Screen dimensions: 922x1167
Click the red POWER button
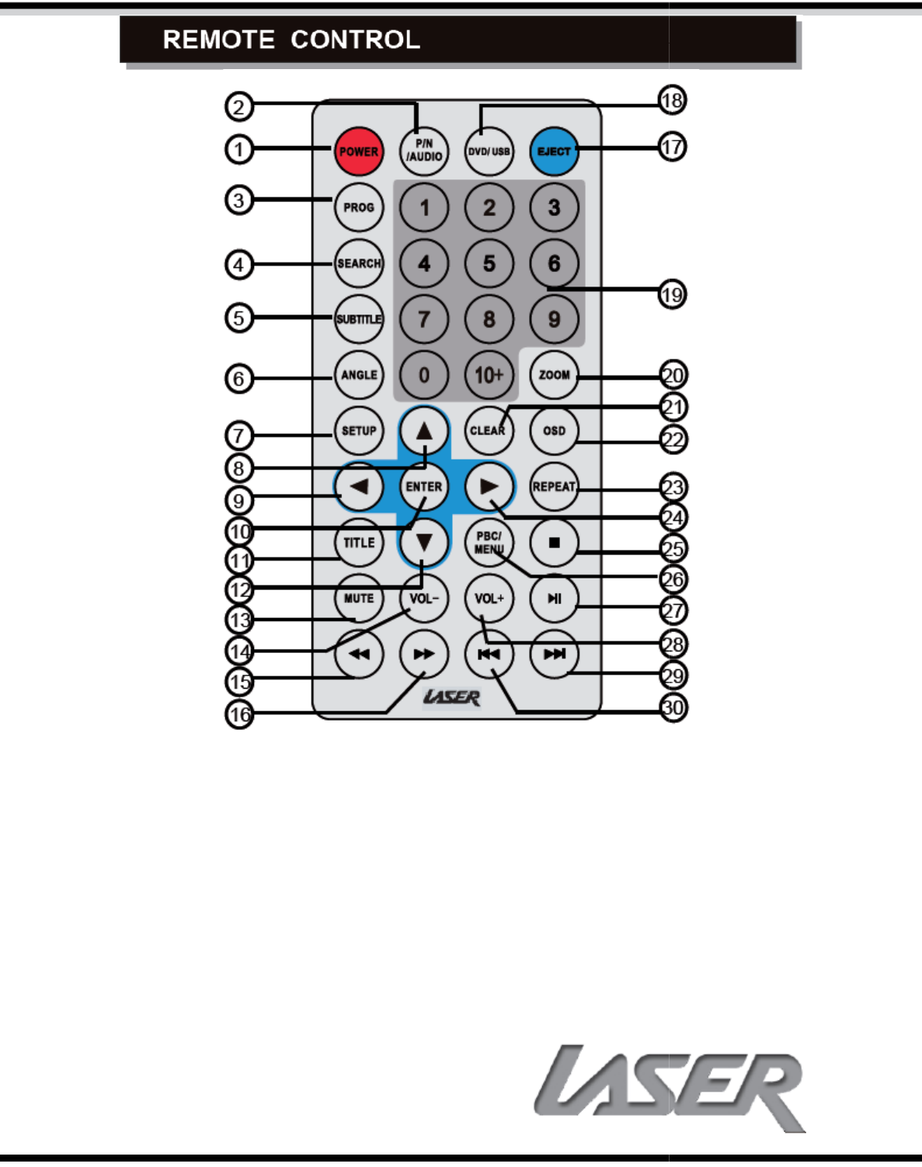[359, 151]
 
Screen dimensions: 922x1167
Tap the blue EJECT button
[554, 151]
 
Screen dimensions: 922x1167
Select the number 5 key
[489, 263]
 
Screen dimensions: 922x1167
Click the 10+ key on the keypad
[489, 375]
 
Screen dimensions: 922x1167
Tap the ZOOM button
[554, 375]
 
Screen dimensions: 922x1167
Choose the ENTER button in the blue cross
[423, 487]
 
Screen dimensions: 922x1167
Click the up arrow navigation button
[423, 430]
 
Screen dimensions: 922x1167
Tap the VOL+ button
[489, 599]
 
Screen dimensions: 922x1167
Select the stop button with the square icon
[554, 543]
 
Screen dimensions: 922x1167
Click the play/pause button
[554, 599]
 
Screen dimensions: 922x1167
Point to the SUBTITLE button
[359, 319]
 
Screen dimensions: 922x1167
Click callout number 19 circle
[672, 295]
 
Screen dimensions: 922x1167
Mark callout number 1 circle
[239, 149]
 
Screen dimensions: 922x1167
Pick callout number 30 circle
[673, 707]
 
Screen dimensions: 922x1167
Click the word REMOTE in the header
[218, 40]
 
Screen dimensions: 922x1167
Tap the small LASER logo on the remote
[451, 697]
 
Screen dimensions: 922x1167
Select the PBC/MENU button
[489, 543]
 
